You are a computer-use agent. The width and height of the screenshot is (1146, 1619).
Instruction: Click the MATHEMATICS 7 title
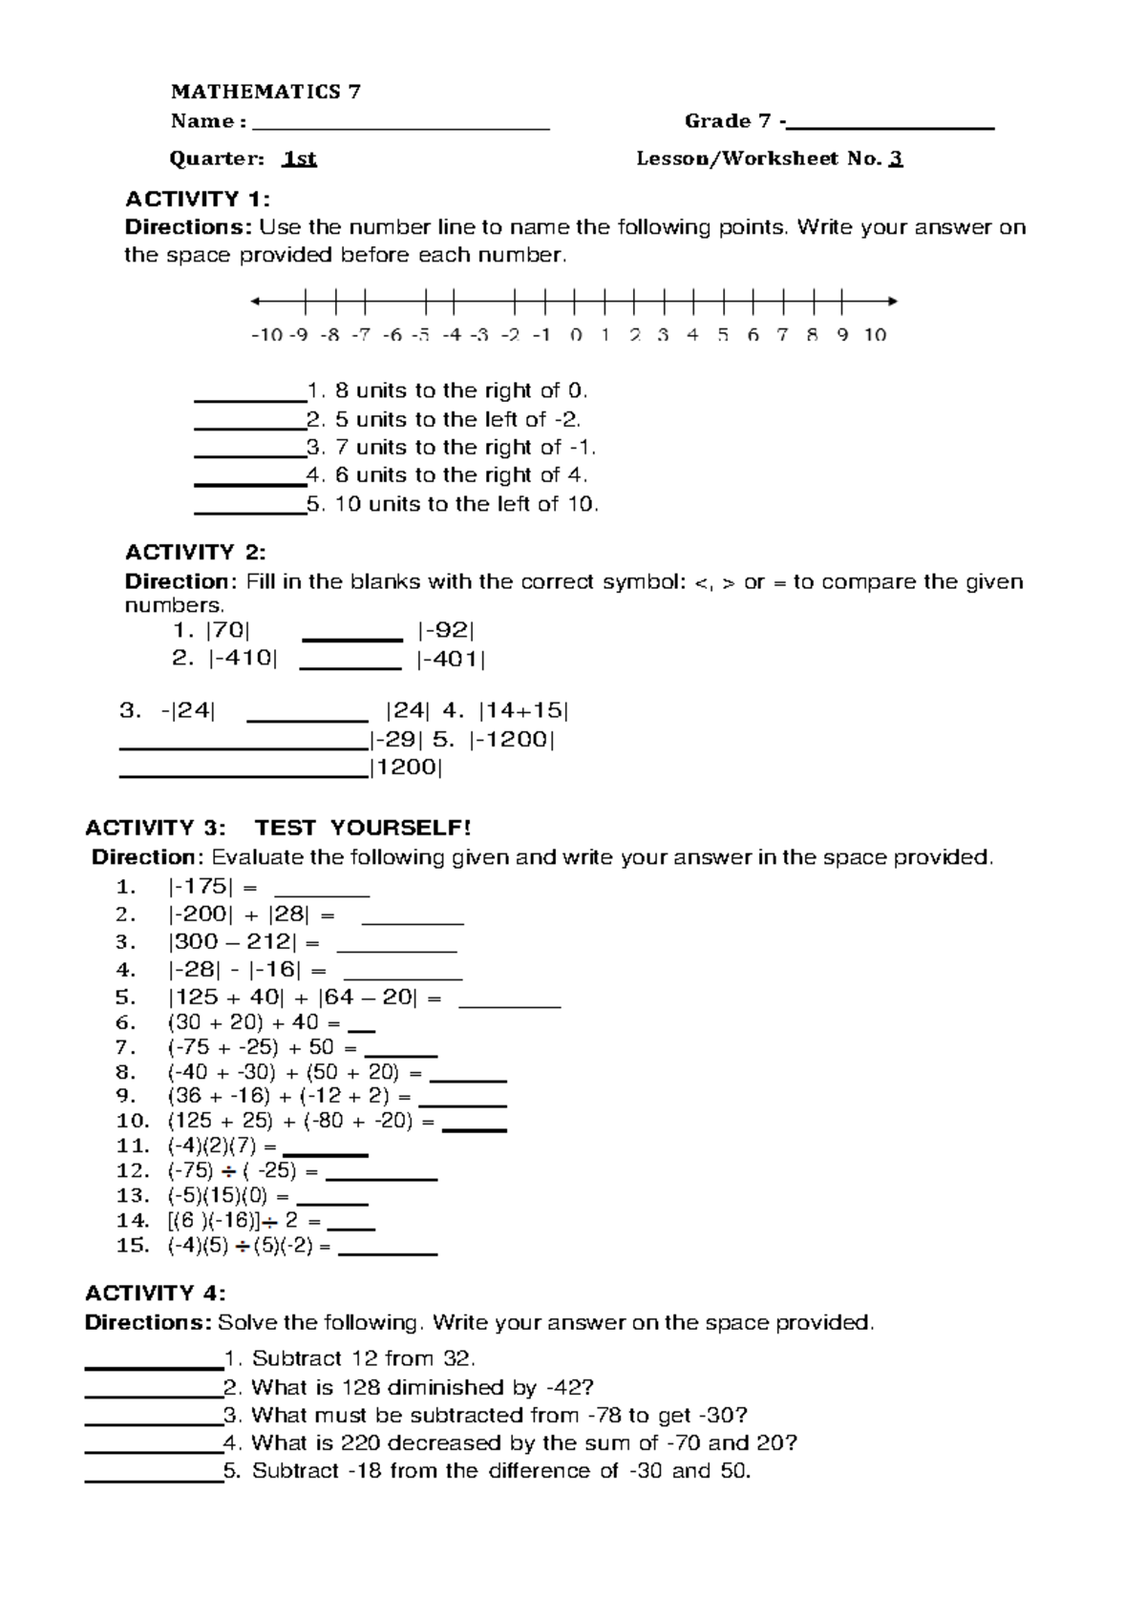pyautogui.click(x=265, y=92)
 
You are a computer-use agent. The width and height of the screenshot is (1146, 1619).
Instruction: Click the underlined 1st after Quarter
pyautogui.click(x=299, y=158)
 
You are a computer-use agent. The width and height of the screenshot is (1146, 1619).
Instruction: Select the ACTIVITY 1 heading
pyautogui.click(x=198, y=199)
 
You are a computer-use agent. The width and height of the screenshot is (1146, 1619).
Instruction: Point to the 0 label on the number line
pyautogui.click(x=575, y=335)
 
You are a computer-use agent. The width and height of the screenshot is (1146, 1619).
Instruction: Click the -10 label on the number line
pyautogui.click(x=265, y=335)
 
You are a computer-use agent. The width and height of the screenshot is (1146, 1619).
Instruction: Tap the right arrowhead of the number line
pyautogui.click(x=892, y=302)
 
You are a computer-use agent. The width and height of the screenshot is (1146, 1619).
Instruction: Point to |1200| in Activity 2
pyautogui.click(x=406, y=767)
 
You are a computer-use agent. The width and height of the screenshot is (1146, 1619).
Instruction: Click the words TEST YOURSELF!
pyautogui.click(x=363, y=827)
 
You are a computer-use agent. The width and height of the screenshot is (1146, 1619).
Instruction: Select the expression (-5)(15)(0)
pyautogui.click(x=219, y=1195)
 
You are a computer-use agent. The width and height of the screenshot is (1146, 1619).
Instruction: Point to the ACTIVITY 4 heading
pyautogui.click(x=155, y=1293)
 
